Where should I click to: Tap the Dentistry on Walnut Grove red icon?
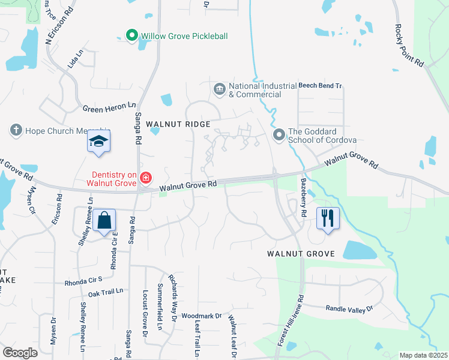(x=145, y=178)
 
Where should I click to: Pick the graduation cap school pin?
(x=98, y=142)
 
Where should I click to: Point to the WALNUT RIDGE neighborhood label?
(x=181, y=124)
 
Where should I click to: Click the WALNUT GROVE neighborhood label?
(x=300, y=254)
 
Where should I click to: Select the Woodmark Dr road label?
(x=202, y=315)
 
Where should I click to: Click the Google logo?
(x=20, y=353)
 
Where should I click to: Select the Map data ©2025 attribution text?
(x=423, y=355)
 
